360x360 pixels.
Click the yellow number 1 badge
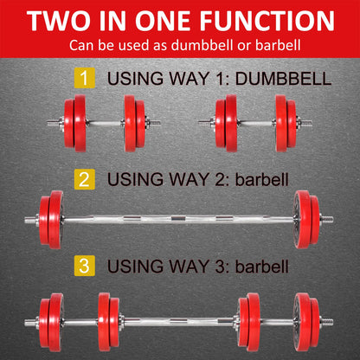click(84, 79)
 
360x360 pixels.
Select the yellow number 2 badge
click(84, 180)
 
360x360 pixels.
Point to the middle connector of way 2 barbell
click(180, 220)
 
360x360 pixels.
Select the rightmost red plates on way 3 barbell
click(307, 322)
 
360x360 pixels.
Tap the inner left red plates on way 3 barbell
click(109, 322)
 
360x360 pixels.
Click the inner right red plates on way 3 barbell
click(248, 322)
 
